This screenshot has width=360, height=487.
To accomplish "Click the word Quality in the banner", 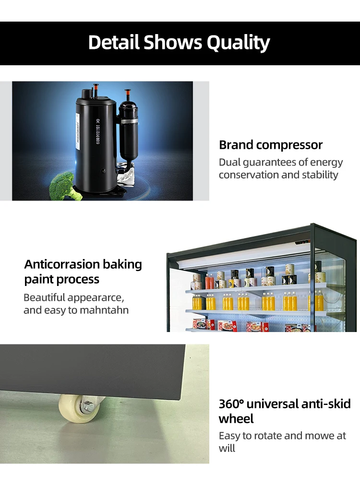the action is (x=238, y=43).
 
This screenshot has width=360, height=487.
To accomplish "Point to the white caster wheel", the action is (x=78, y=408).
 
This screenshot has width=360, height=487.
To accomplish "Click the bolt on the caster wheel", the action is (x=87, y=406).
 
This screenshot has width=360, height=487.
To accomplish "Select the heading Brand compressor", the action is (x=271, y=145).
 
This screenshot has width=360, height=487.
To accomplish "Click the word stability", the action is (x=320, y=175).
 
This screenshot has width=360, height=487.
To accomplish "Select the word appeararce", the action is (x=96, y=298).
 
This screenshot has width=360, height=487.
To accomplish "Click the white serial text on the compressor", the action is (x=97, y=132).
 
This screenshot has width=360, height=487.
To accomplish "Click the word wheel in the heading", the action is (x=236, y=419).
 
